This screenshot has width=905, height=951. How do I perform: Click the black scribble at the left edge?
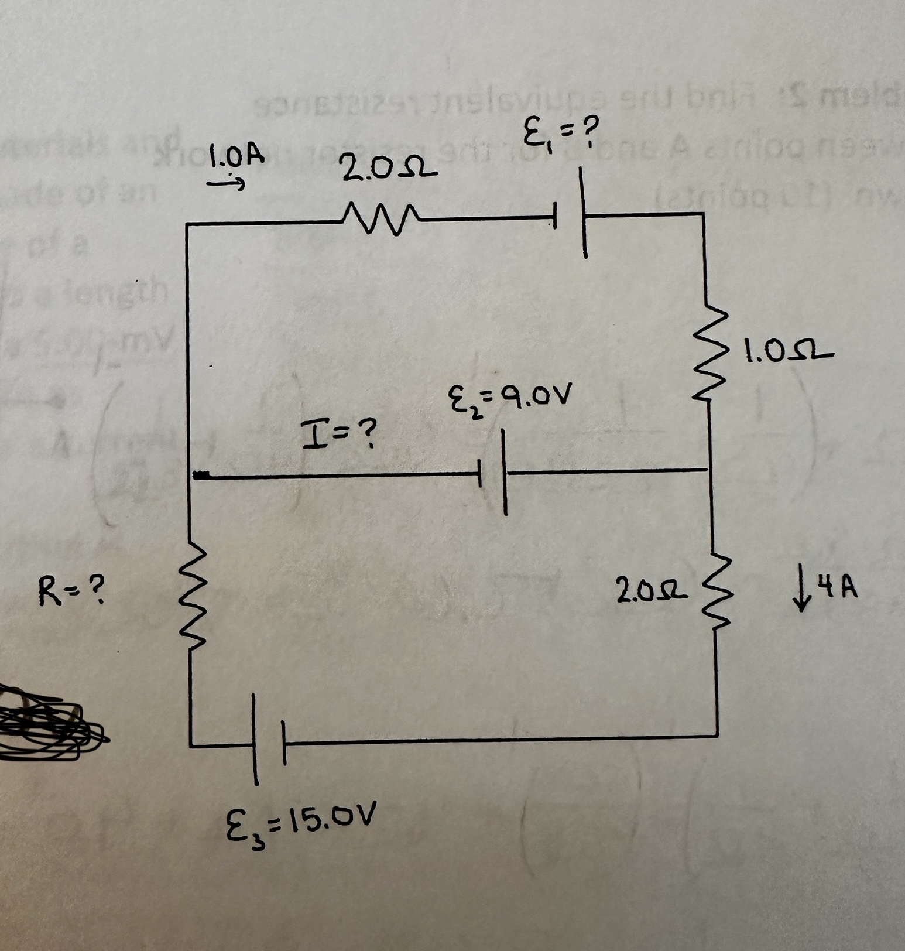pyautogui.click(x=44, y=723)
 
